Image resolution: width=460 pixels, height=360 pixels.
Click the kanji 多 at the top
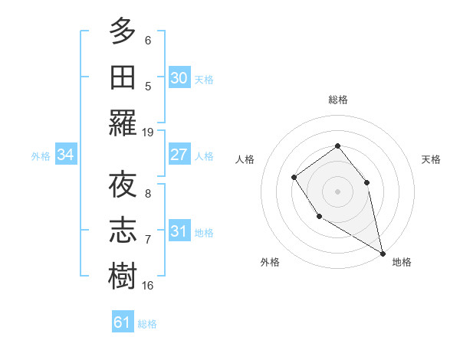pos(123,32)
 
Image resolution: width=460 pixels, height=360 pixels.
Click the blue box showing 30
pos(179,78)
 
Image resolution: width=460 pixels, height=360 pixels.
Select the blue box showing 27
pos(179,155)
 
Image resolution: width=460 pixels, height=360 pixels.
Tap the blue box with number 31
pos(179,231)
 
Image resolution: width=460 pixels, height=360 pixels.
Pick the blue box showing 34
pos(66,155)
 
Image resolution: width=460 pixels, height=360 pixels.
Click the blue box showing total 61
pos(123,322)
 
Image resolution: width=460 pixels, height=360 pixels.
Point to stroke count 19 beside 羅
pos(148,133)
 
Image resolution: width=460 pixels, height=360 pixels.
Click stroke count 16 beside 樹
pos(148,286)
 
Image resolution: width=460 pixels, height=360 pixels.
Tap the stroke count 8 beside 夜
pos(148,194)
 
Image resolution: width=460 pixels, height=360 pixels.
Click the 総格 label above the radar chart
pos(337,100)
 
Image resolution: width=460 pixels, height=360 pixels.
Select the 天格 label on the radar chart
pos(431,159)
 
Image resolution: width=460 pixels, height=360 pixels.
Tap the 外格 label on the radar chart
pos(270,262)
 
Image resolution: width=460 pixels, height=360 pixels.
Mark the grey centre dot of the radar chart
pos(337,191)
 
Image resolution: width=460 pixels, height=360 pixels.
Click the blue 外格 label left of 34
pos(41,155)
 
